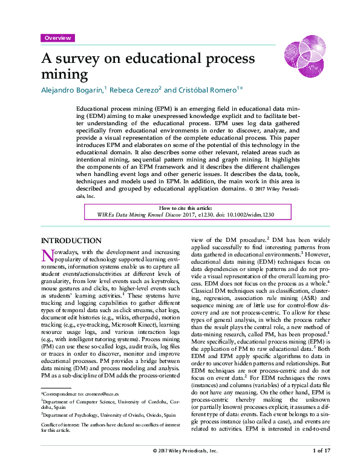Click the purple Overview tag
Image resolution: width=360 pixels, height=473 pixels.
(x=57, y=38)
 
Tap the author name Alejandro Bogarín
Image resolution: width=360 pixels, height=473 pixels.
(x=73, y=90)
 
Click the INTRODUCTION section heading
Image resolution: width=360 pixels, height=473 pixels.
(x=70, y=240)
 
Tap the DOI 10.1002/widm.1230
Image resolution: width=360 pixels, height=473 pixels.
(x=242, y=214)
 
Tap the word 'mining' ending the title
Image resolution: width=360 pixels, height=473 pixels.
(x=64, y=75)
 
